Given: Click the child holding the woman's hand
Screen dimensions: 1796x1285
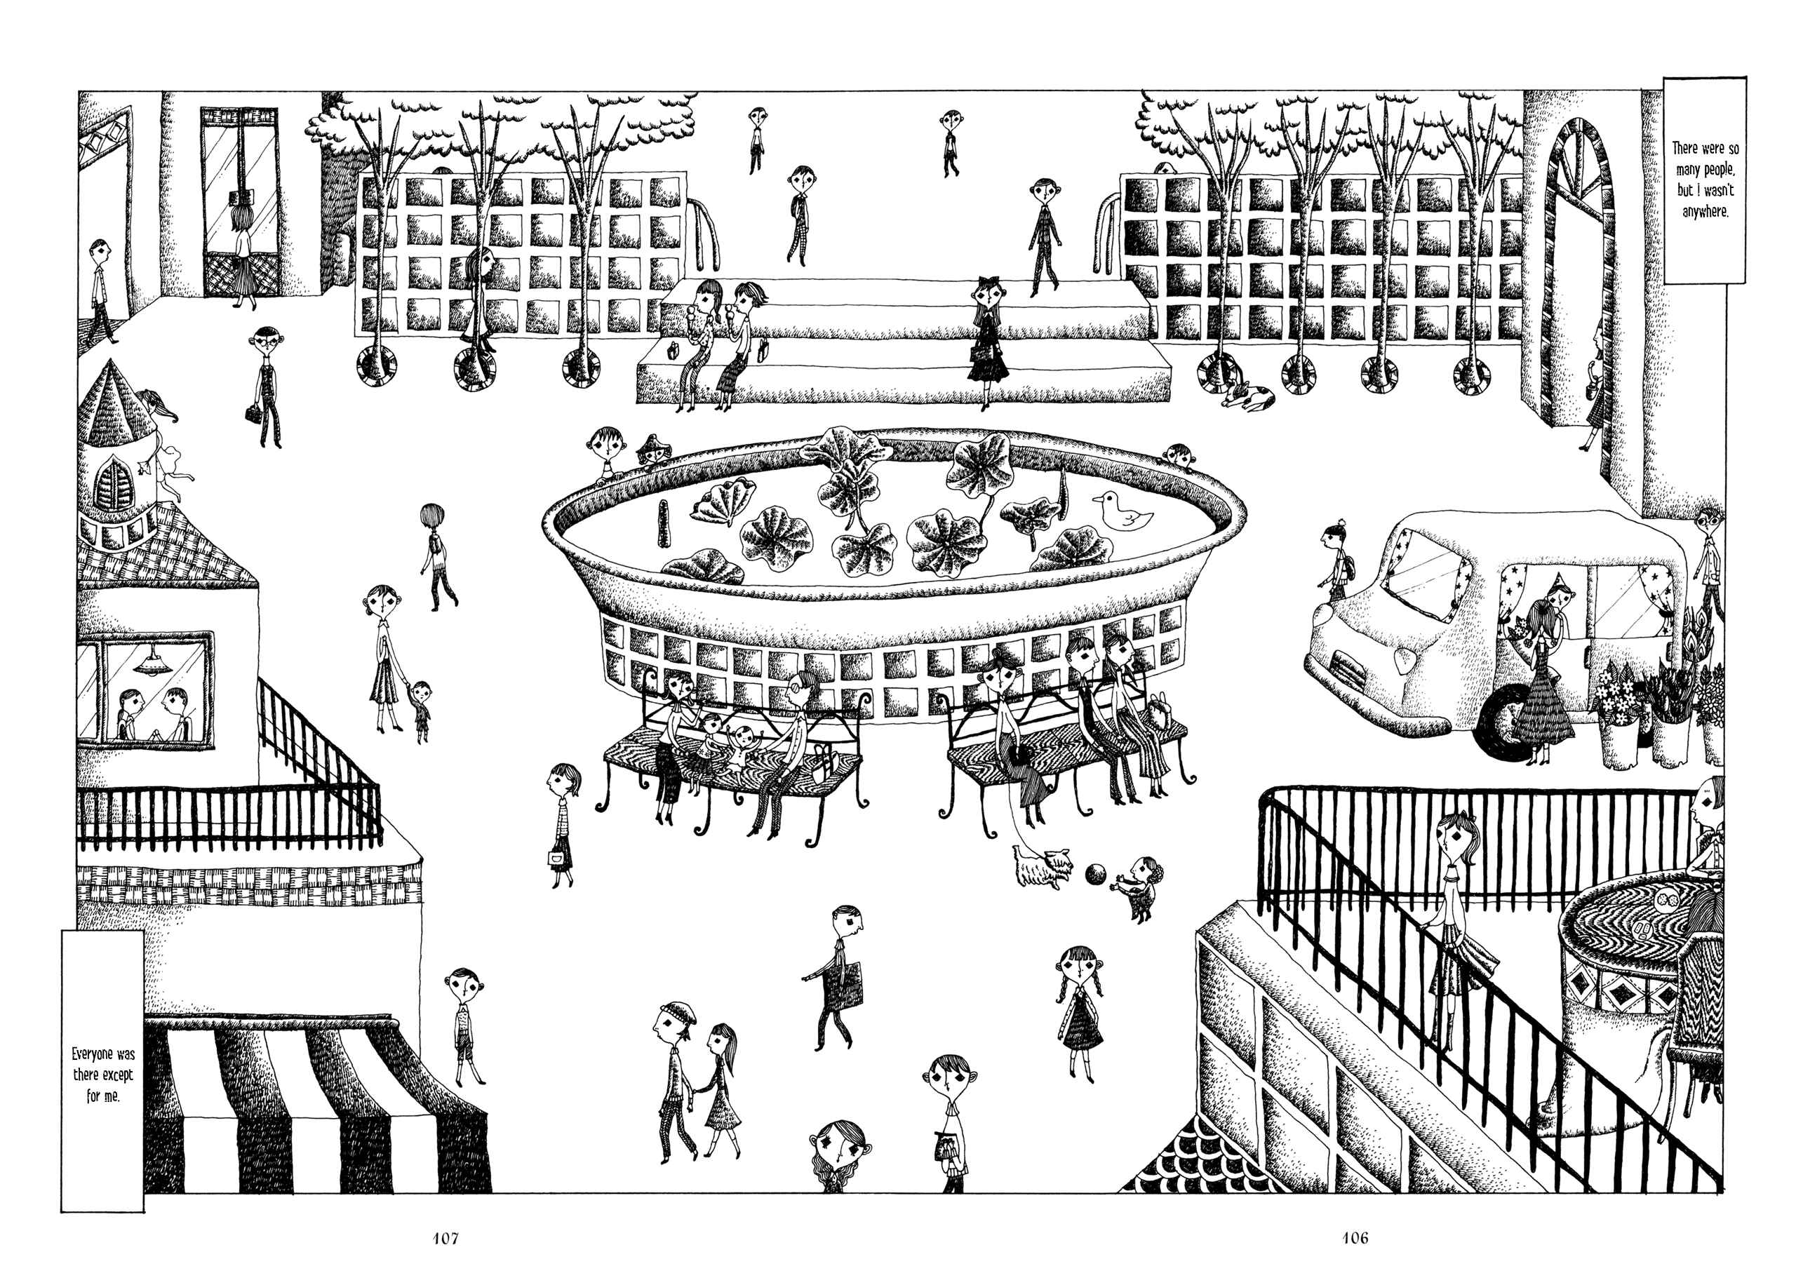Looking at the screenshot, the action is [420, 710].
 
